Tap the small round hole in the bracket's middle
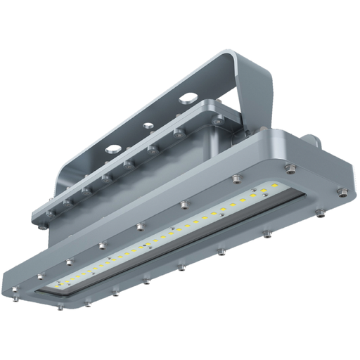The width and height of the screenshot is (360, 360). click(x=148, y=126)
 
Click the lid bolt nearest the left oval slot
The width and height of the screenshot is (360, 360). click(x=105, y=176)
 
